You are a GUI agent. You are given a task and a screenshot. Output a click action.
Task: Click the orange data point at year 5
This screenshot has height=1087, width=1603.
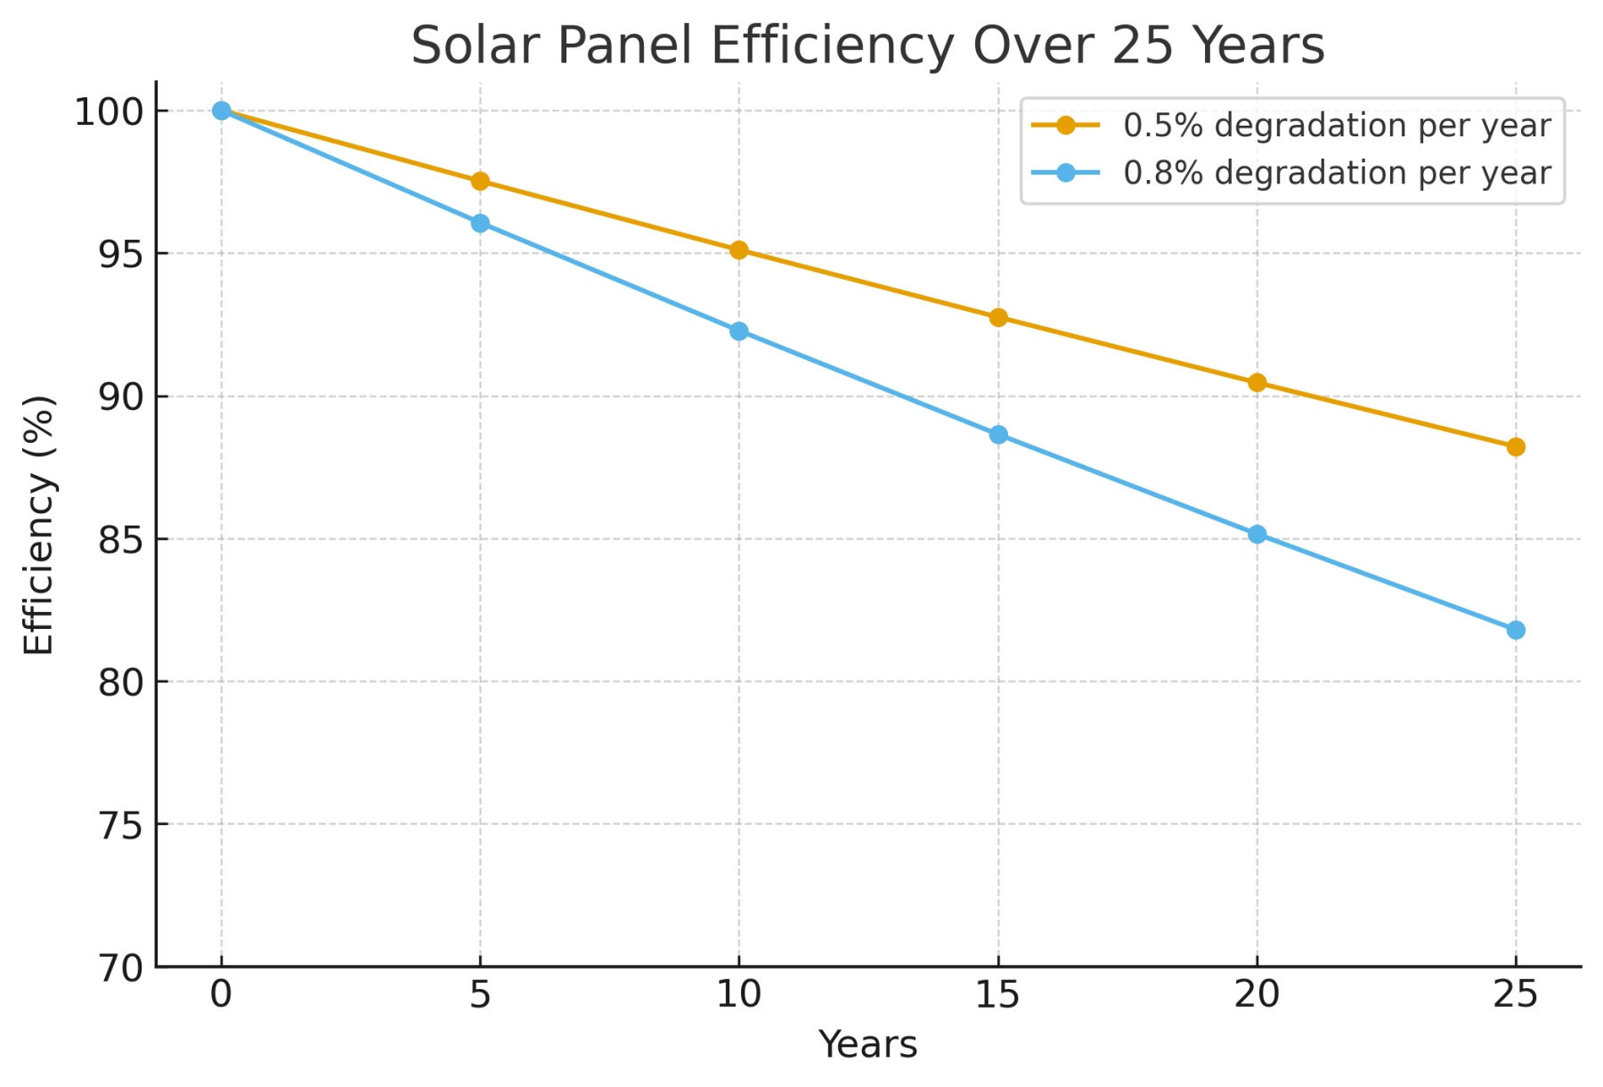click(480, 182)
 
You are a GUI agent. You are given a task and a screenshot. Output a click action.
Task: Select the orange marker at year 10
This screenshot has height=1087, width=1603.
click(739, 250)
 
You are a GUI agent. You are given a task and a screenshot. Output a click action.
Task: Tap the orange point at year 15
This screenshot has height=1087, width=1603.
click(998, 318)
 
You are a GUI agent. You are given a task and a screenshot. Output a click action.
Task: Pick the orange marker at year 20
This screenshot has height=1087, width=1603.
click(1257, 383)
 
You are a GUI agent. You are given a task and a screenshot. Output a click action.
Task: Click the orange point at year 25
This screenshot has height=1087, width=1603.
click(1516, 447)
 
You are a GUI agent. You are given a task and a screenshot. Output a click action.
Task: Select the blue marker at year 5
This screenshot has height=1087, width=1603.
click(480, 224)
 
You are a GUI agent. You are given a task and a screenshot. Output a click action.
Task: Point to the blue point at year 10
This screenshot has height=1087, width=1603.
click(739, 331)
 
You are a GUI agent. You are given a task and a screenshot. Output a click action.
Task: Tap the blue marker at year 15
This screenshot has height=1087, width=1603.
click(998, 435)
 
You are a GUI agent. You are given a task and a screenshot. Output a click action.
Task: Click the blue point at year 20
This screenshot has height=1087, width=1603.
click(1257, 535)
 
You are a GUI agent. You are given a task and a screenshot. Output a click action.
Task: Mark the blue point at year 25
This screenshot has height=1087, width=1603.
click(1516, 631)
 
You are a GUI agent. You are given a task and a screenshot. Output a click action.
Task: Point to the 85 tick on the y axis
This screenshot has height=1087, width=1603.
click(120, 540)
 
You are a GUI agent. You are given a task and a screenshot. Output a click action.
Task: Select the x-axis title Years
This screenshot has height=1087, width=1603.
click(867, 1045)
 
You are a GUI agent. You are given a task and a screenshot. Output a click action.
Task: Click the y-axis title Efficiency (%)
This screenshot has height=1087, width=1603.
click(39, 526)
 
